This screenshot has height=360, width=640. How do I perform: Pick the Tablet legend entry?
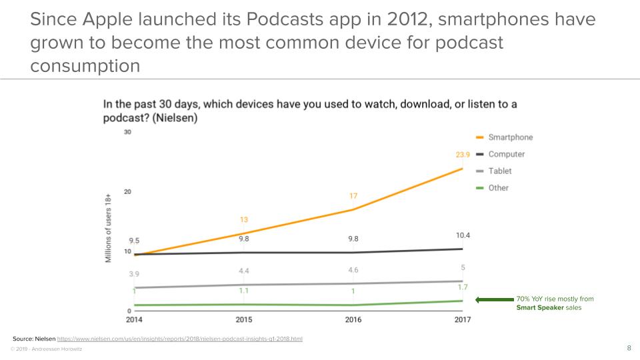(x=499, y=171)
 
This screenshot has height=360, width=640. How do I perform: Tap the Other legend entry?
(x=498, y=188)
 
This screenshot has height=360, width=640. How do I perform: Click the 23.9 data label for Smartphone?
(x=463, y=155)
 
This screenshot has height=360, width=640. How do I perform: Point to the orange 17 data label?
(x=353, y=196)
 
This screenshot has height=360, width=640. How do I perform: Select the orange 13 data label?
(x=244, y=219)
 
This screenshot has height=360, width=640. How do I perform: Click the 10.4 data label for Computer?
(x=463, y=235)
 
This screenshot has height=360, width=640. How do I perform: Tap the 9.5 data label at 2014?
(x=133, y=241)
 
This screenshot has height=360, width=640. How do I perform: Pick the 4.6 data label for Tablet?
(x=353, y=270)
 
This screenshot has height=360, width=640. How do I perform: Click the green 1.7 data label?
(x=463, y=287)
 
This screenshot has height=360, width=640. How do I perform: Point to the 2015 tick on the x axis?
(x=244, y=319)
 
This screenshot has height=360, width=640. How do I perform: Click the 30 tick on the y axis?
(x=127, y=132)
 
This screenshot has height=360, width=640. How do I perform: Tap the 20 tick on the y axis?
(x=127, y=192)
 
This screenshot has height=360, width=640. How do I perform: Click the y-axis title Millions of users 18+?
(x=108, y=227)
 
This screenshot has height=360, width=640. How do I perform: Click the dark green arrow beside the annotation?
(x=493, y=299)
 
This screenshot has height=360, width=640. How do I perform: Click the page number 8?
(x=629, y=348)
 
